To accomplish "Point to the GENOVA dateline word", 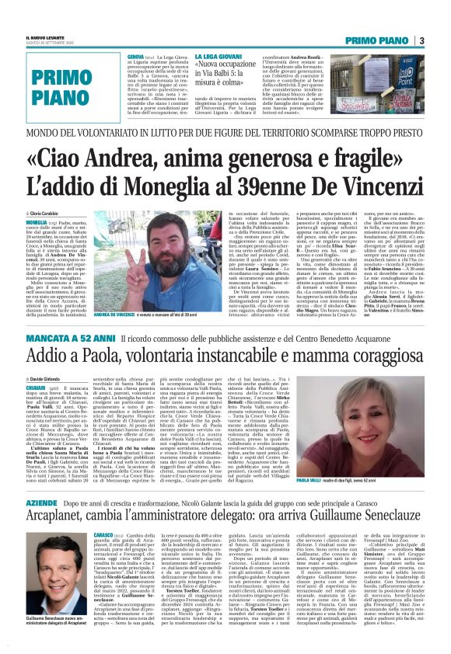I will pyautogui.click(x=135, y=57).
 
